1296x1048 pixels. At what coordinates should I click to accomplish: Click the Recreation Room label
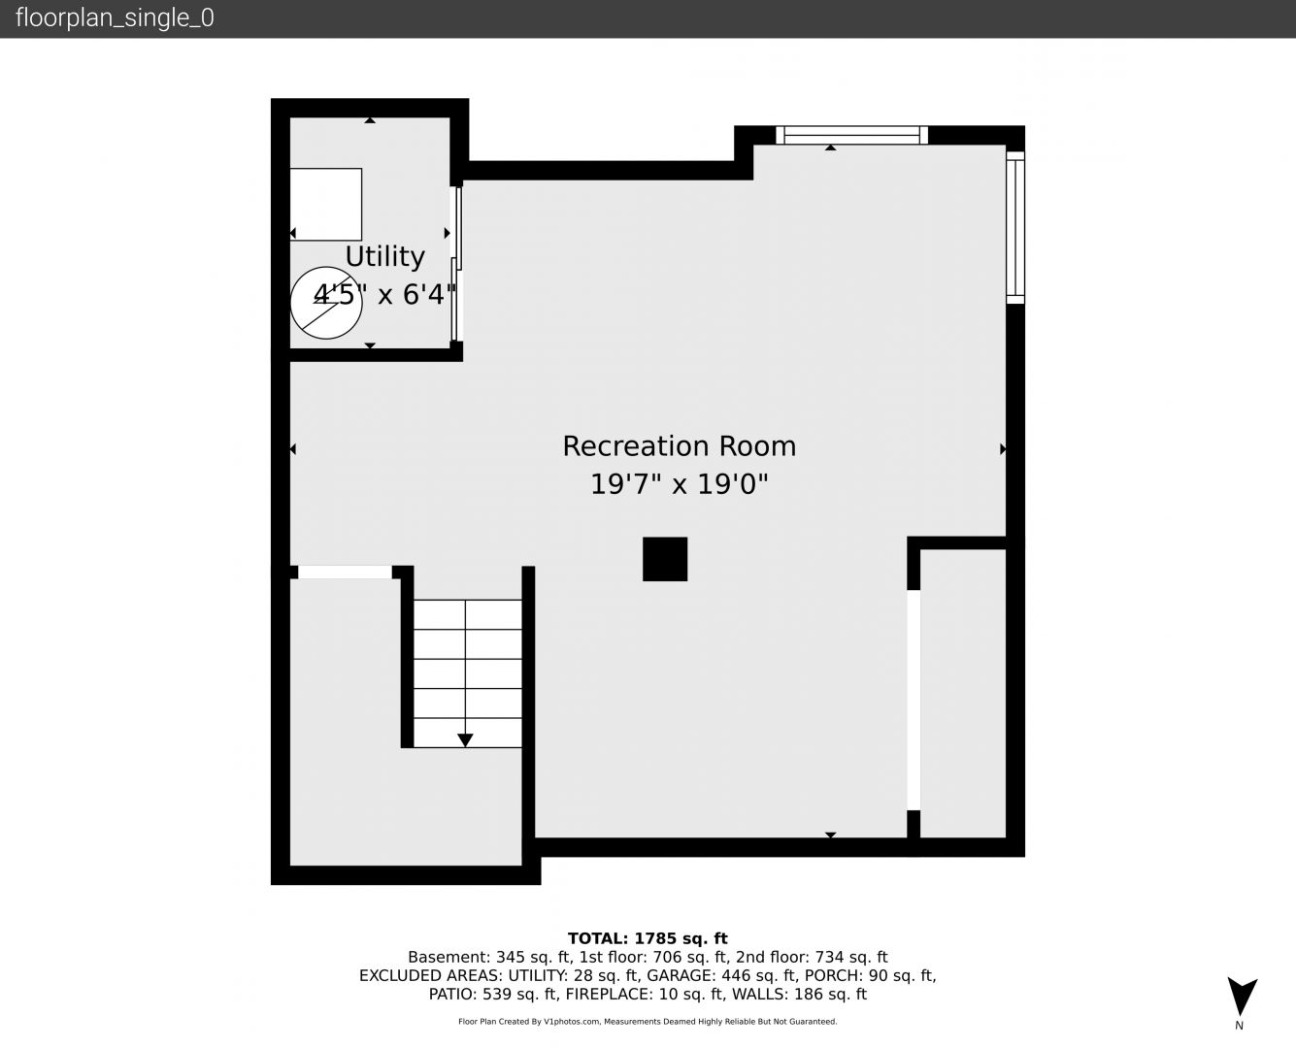[x=679, y=446]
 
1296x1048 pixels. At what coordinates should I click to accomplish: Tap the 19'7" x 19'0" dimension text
[x=679, y=485]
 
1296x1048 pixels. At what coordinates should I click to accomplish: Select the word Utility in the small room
[x=384, y=257]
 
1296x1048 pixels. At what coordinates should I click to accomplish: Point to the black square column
[x=665, y=559]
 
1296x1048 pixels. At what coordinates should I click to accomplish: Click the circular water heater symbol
[x=326, y=303]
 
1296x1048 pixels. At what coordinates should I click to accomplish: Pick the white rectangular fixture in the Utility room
[x=325, y=205]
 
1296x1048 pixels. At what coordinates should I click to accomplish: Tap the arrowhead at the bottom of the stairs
[x=465, y=740]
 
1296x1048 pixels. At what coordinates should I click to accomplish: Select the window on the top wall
[x=851, y=135]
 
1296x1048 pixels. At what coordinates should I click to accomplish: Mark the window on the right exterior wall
[x=1015, y=227]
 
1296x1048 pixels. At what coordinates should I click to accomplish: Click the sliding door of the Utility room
[x=456, y=263]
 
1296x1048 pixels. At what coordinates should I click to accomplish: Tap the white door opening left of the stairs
[x=345, y=573]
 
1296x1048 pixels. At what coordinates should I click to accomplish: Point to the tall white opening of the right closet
[x=914, y=700]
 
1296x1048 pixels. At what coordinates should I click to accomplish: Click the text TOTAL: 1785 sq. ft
[x=648, y=938]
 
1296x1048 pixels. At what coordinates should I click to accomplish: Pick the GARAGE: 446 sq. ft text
[x=721, y=976]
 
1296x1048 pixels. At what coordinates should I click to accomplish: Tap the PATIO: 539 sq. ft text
[x=493, y=995]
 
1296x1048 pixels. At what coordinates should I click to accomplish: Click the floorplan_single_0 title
[x=115, y=18]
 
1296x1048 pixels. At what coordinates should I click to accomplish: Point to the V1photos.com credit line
[x=648, y=1022]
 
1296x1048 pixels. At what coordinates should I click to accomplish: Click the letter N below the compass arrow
[x=1240, y=1026]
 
